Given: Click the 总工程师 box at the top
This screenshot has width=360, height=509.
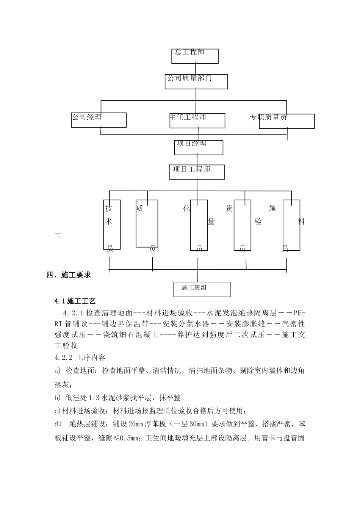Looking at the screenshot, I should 195,56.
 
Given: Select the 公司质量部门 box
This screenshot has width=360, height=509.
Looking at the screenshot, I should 196,81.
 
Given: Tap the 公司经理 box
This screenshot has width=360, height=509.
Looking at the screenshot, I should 99,120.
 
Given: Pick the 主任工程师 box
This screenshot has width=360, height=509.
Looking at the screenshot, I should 197,120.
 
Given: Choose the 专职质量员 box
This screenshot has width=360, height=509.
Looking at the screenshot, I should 286,121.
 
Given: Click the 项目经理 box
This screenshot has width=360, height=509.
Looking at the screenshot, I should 198,148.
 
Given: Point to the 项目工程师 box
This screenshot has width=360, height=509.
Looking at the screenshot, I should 197,172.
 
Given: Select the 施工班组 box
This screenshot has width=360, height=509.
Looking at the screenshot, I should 202,289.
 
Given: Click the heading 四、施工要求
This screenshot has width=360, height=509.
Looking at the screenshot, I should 69,275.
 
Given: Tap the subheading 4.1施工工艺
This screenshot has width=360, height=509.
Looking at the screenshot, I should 75,301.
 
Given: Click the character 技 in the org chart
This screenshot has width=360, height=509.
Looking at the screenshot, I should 109,208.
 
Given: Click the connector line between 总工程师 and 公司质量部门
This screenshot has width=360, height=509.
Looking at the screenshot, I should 195,69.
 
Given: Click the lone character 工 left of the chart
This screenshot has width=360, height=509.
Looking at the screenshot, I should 58,236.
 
